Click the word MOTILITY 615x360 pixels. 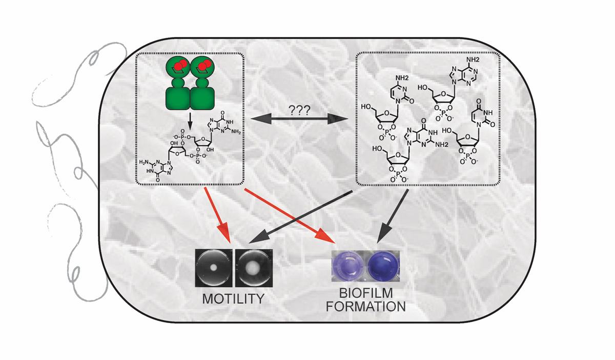click(x=234, y=298)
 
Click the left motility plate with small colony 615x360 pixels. click(x=214, y=267)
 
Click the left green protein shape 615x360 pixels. click(x=177, y=85)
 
